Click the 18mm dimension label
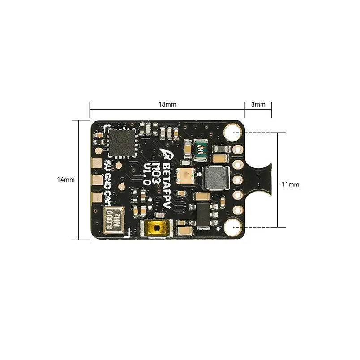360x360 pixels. [x=167, y=104]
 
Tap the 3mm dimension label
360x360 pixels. [x=258, y=104]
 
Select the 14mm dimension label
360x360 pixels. [x=66, y=180]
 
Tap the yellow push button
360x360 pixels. [x=155, y=228]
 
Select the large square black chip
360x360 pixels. [x=121, y=142]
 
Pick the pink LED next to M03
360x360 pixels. [x=184, y=178]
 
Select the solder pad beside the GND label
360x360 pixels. [x=96, y=180]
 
